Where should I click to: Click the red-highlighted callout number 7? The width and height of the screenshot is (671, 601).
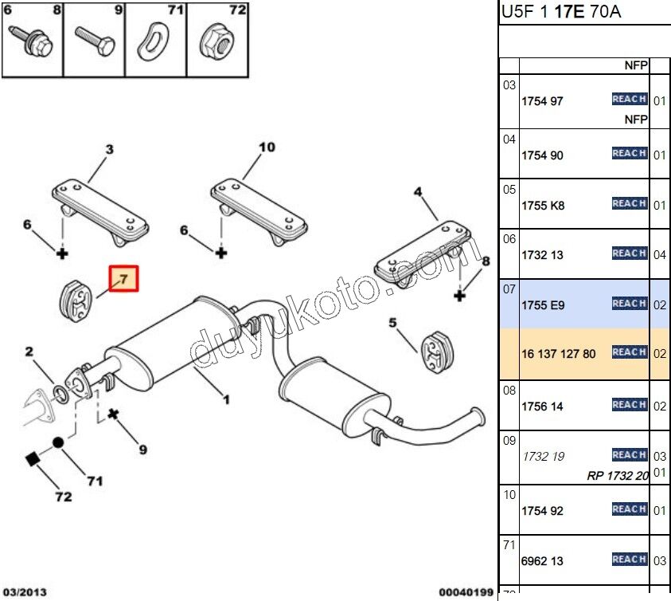[124, 279]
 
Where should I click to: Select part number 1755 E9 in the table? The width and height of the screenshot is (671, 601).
[543, 305]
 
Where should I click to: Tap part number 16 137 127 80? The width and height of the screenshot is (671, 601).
[558, 354]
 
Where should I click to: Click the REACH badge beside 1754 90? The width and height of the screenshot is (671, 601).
[629, 153]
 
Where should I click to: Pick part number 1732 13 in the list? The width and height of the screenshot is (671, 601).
[542, 255]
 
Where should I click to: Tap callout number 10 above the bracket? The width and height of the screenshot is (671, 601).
[267, 147]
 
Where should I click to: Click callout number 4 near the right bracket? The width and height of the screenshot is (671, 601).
[416, 191]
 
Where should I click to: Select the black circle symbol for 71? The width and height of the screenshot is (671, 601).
[59, 442]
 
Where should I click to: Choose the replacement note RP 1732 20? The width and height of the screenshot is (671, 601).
[618, 476]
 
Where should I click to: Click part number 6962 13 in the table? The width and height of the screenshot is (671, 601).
[542, 561]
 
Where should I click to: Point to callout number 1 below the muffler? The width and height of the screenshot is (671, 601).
[226, 399]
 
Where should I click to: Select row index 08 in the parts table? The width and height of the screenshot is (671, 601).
[509, 391]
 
